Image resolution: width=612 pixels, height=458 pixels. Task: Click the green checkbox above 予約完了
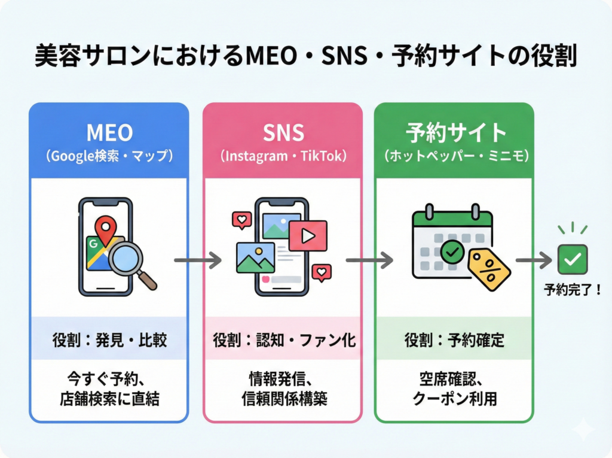[572, 260]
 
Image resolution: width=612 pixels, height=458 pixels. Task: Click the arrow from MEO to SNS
[197, 260]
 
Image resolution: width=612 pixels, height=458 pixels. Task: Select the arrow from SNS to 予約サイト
[369, 260]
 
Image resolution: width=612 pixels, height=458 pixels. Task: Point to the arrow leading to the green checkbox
[534, 260]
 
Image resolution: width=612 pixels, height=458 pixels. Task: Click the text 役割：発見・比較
[109, 341]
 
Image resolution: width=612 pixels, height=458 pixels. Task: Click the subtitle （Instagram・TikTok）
[282, 156]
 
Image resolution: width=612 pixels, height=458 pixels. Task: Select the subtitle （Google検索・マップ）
[109, 156]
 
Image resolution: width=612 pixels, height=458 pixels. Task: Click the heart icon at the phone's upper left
[241, 220]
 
